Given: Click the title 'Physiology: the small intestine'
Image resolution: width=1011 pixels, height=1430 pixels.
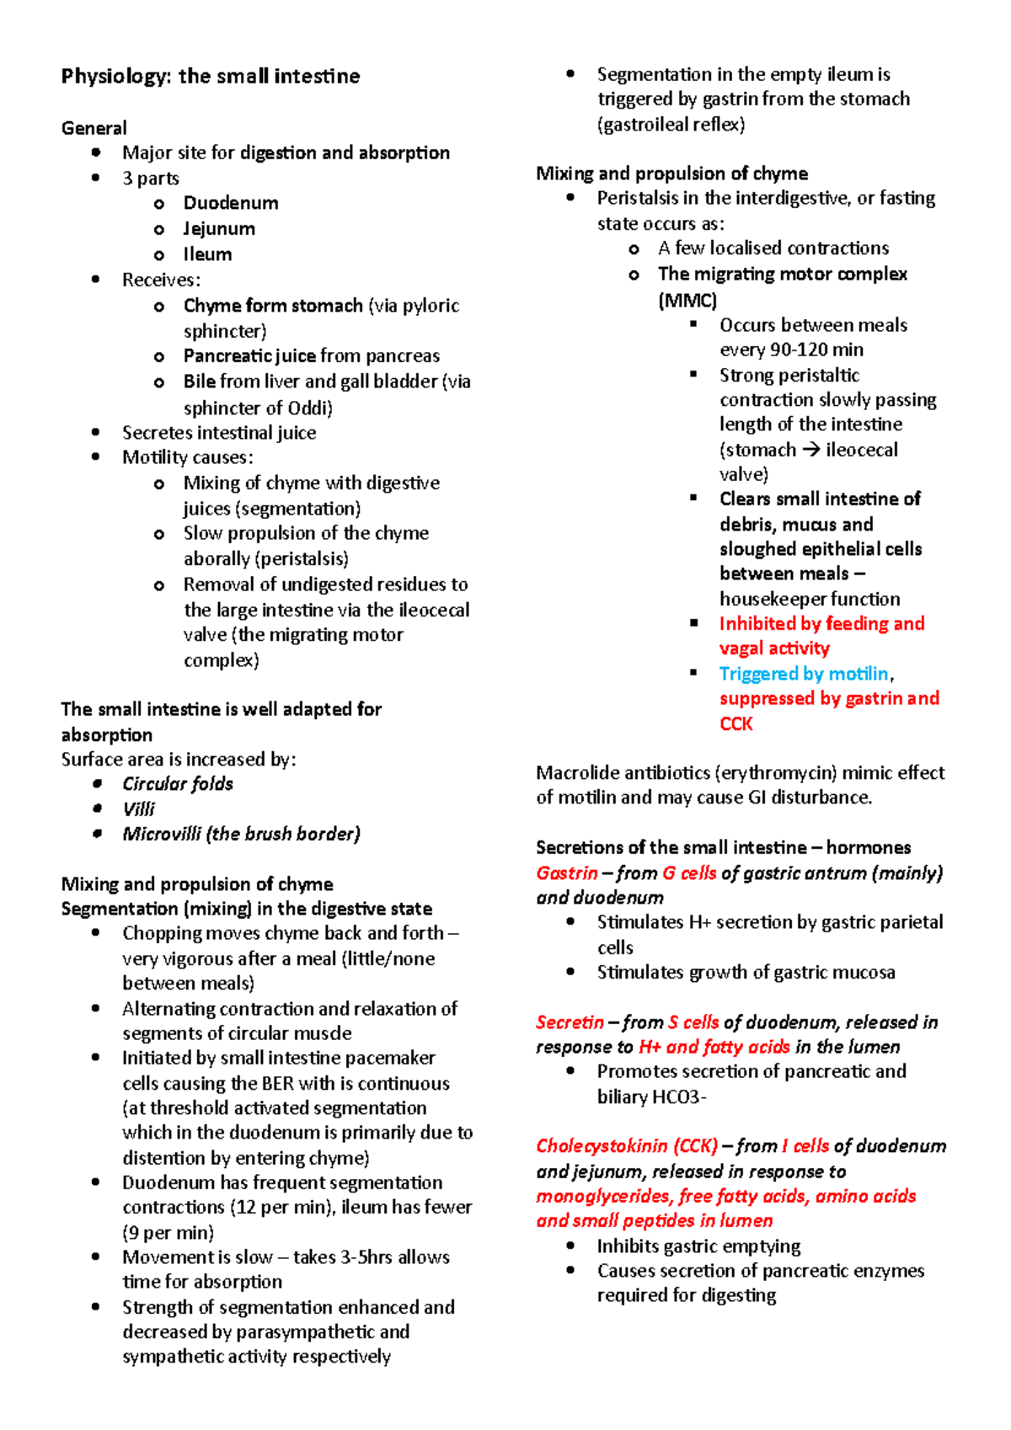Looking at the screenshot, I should coord(211,77).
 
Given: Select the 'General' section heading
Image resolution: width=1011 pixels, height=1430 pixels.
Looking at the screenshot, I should coord(94,128).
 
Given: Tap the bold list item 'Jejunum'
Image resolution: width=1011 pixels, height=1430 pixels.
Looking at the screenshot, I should coord(219,229).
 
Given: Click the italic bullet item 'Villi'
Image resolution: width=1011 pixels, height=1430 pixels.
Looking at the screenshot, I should coord(139,809).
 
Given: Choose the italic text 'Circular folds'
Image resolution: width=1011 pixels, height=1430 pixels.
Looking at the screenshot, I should coord(178,784).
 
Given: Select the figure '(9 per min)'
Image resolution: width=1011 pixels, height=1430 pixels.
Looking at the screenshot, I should coord(168,1233).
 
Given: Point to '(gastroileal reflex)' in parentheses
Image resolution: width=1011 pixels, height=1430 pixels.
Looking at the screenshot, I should coord(671,125).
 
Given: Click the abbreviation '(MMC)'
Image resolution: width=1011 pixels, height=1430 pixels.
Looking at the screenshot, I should coord(687,301).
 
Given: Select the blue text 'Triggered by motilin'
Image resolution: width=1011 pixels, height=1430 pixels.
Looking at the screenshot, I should coord(804,674).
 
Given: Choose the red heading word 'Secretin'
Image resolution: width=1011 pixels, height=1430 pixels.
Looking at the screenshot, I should coord(570,1022).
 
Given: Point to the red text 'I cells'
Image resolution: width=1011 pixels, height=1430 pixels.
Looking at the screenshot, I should coord(805,1146).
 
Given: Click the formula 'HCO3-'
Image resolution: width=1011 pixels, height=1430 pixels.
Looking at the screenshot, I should coord(679,1097).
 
